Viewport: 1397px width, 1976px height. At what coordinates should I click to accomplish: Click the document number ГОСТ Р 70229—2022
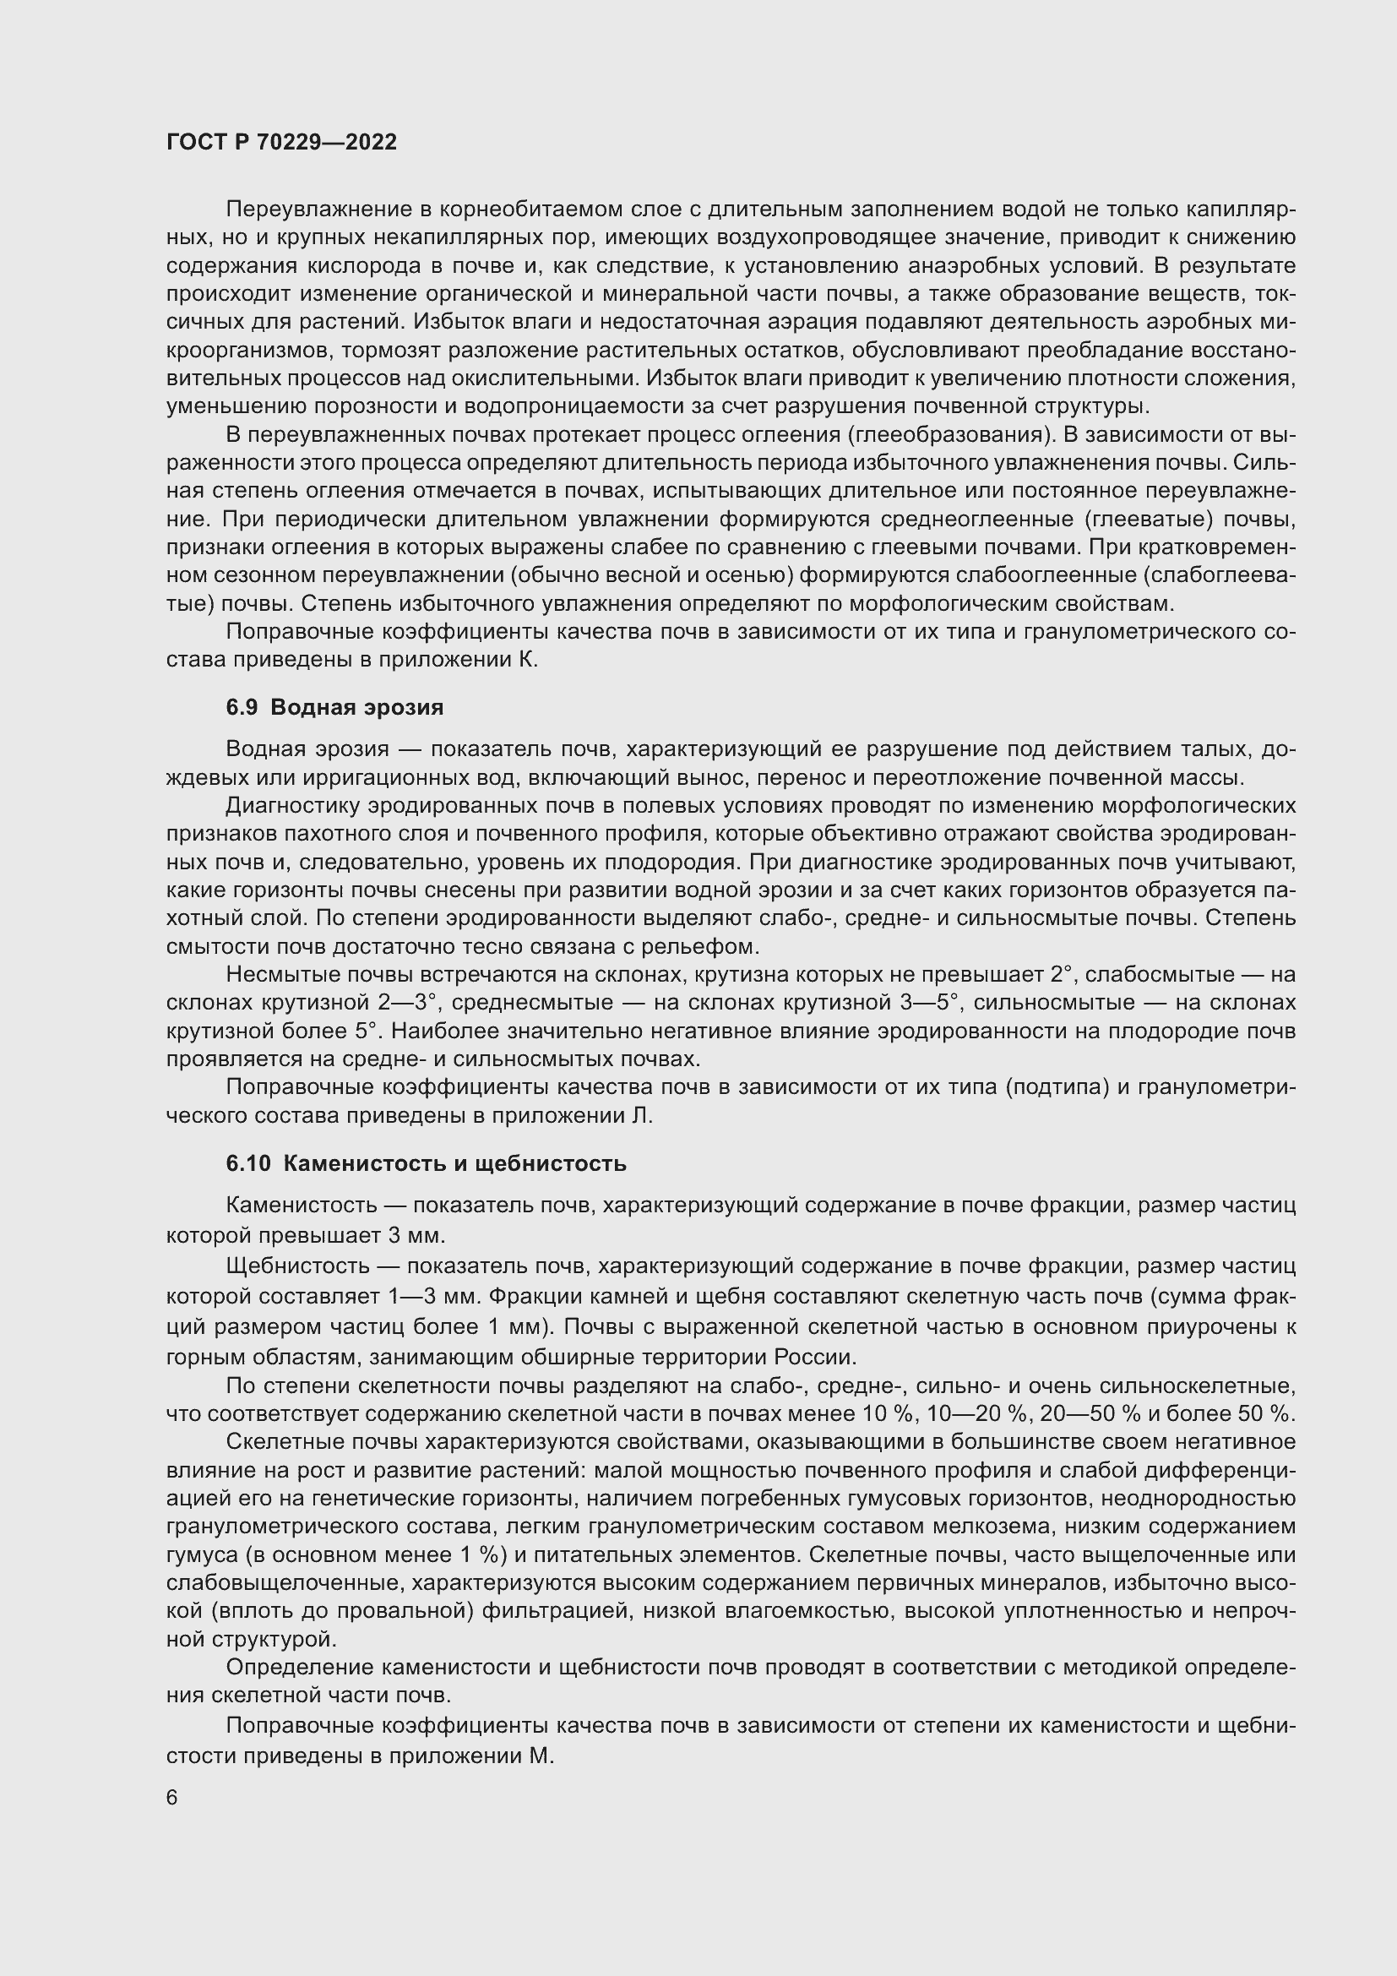pos(281,143)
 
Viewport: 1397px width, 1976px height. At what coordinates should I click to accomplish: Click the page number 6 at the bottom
pos(172,1799)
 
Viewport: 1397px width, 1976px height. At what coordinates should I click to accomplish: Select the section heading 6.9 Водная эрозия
pos(334,707)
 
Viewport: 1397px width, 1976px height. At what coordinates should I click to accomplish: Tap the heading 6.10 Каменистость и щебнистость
pos(426,1163)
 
